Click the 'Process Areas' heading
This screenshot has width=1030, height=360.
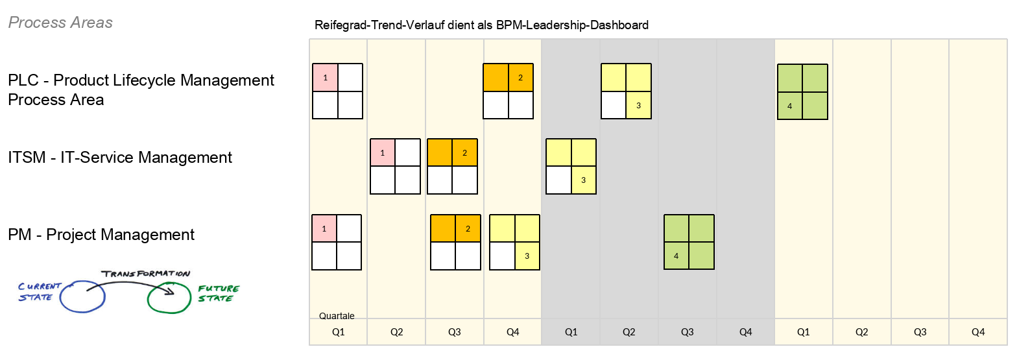click(x=60, y=23)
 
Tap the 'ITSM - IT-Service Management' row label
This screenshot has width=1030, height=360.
click(x=120, y=157)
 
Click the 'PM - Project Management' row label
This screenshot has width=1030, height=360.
click(x=101, y=234)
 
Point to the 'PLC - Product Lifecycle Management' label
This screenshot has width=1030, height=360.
click(x=141, y=80)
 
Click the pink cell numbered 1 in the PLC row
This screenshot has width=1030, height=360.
click(x=325, y=78)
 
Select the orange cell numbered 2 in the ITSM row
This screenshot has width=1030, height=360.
click(x=465, y=152)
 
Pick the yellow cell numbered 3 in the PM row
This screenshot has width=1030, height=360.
click(x=527, y=256)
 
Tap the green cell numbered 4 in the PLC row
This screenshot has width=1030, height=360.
click(x=790, y=106)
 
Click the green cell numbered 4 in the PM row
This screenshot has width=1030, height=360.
click(x=677, y=256)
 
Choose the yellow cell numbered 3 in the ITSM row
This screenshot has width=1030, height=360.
click(x=584, y=180)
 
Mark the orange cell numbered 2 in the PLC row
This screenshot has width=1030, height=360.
click(x=521, y=78)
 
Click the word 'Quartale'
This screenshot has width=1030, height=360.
click(x=337, y=316)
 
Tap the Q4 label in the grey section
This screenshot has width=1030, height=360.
click(x=745, y=332)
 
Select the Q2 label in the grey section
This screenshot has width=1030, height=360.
click(x=629, y=332)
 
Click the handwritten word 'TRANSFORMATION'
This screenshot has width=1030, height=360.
click(x=146, y=274)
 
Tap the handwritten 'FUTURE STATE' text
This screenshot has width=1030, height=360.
click(x=219, y=293)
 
